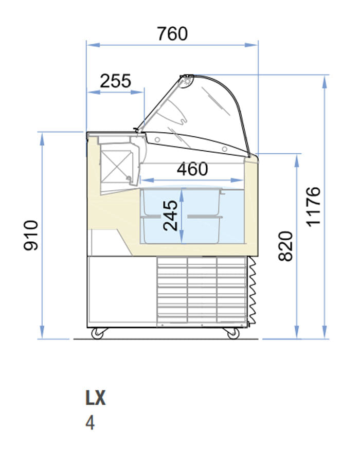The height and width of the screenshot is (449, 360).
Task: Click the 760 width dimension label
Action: (x=172, y=33)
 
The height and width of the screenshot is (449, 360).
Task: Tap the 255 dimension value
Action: (x=115, y=81)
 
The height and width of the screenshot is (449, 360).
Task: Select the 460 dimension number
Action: (x=192, y=169)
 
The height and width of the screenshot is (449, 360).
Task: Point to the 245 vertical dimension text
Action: (x=170, y=215)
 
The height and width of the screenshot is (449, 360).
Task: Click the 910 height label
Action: (x=31, y=236)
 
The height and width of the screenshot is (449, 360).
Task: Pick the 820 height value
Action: (x=285, y=246)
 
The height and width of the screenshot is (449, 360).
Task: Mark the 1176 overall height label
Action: (x=313, y=206)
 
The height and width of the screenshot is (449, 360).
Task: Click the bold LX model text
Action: (x=95, y=398)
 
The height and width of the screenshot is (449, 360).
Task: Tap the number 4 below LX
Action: (x=90, y=423)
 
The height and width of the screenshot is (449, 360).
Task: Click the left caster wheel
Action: (x=98, y=333)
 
